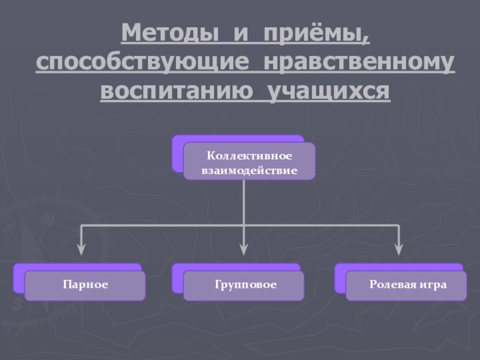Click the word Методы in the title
coord(169,34)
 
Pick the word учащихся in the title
coord(328,91)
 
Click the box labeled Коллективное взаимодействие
coord(249,163)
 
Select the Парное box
coord(85,285)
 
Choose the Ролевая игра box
coord(407,285)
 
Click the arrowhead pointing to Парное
coord(81,247)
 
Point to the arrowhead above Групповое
coord(243,247)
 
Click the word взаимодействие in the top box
coord(249,170)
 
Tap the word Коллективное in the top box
coord(249,156)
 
